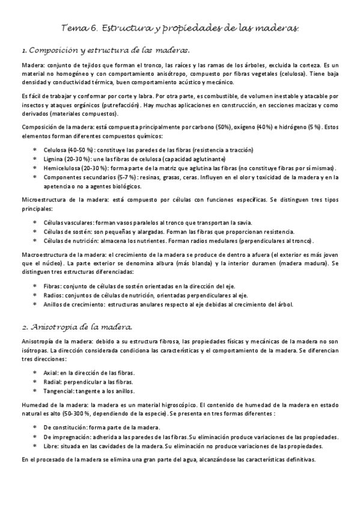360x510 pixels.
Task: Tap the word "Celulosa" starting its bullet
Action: (x=55, y=150)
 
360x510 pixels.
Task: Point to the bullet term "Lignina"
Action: (x=53, y=159)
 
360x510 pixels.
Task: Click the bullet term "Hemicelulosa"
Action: (x=61, y=168)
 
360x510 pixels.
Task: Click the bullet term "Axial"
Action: (x=51, y=373)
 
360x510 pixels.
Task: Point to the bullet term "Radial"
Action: (x=53, y=382)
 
